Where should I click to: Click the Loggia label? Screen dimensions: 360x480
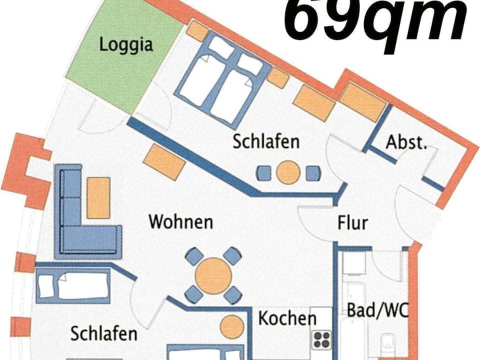pyautogui.click(x=125, y=44)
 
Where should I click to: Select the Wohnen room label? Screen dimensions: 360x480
pyautogui.click(x=181, y=221)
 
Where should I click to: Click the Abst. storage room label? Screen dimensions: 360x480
pyautogui.click(x=406, y=142)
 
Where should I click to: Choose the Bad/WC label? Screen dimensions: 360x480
pyautogui.click(x=377, y=310)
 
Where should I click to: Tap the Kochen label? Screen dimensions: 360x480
pyautogui.click(x=287, y=318)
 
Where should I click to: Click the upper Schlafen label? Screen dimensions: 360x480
pyautogui.click(x=266, y=141)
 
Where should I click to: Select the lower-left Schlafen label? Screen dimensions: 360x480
pyautogui.click(x=104, y=333)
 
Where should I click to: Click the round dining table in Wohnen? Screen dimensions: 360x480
pyautogui.click(x=213, y=275)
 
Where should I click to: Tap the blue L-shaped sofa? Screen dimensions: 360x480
pyautogui.click(x=80, y=220)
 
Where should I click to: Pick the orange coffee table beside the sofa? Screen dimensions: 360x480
pyautogui.click(x=98, y=197)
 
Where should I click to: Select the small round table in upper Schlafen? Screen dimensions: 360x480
pyautogui.click(x=288, y=172)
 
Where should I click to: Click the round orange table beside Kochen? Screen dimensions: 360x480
pyautogui.click(x=232, y=326)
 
